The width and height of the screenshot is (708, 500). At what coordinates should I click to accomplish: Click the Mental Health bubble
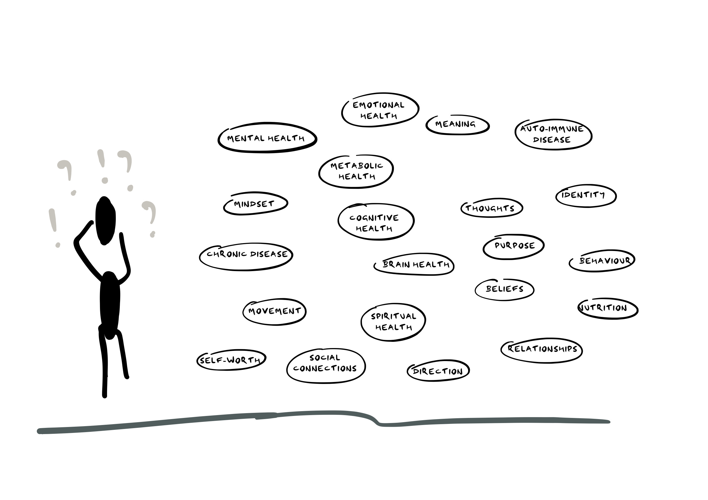click(x=267, y=138)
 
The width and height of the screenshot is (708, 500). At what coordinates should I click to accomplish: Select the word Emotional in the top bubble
click(x=378, y=105)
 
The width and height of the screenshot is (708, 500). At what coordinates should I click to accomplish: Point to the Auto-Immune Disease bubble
click(x=553, y=135)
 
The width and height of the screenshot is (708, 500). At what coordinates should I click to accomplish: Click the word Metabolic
click(x=357, y=166)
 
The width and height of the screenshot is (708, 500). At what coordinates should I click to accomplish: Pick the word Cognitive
click(x=374, y=218)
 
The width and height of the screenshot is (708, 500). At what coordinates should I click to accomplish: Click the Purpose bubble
click(x=514, y=246)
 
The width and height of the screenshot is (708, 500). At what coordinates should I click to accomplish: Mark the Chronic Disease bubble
click(x=246, y=254)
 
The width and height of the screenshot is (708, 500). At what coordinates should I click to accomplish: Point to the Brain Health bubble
click(x=415, y=265)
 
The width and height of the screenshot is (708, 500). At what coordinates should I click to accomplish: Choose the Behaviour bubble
click(x=603, y=261)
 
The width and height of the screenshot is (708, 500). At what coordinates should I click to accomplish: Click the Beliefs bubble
click(x=505, y=289)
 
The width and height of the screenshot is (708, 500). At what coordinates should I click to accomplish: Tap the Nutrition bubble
click(x=606, y=308)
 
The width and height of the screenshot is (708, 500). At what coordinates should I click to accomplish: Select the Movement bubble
click(x=274, y=311)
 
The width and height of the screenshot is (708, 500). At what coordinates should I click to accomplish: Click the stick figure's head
click(x=105, y=220)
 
